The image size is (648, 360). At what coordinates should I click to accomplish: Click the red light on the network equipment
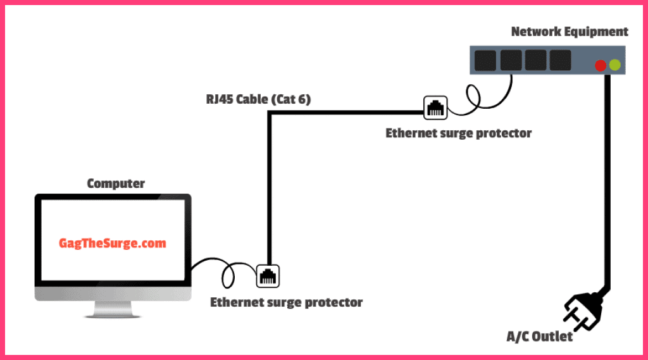point(601,65)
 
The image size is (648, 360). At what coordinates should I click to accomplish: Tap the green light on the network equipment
point(614,65)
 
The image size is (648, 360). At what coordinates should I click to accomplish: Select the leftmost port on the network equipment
point(485,61)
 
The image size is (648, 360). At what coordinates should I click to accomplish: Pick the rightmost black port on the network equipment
point(560,61)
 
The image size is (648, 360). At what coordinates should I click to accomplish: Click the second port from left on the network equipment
point(511,61)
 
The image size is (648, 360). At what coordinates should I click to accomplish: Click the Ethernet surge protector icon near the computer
point(268,276)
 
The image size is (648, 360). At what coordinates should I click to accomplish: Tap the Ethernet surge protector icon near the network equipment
point(435,108)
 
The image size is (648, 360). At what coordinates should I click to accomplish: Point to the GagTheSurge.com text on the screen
point(113,243)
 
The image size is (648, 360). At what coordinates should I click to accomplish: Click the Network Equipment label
point(570,32)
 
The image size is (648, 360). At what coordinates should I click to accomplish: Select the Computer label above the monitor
point(116,184)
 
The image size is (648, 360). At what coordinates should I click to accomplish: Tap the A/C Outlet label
point(540,337)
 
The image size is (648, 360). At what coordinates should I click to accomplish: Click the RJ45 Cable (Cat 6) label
point(258,99)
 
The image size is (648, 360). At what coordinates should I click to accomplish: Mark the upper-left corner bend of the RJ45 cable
point(270,114)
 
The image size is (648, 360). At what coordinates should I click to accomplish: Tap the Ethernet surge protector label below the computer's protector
point(286,302)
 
